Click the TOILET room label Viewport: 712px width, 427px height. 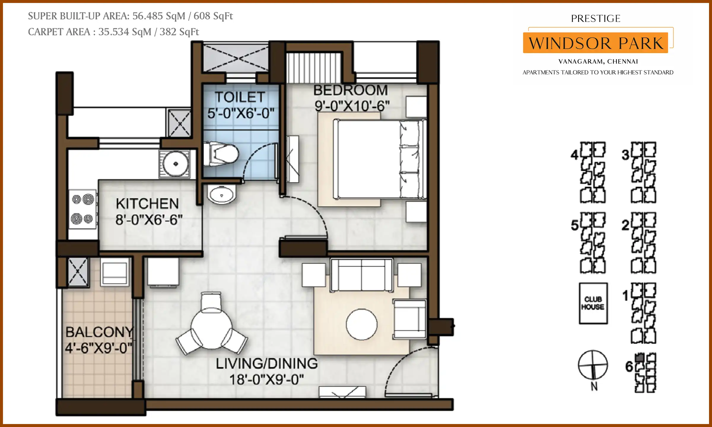point(240,97)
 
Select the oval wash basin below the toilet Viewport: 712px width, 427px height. point(222,195)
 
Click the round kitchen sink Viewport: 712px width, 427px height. point(175,164)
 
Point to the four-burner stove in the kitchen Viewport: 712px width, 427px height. point(82,209)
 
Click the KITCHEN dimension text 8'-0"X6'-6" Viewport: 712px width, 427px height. point(149,220)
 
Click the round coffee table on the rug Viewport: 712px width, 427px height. point(361,324)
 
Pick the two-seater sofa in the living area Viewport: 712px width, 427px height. point(361,275)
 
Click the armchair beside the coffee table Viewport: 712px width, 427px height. point(410,319)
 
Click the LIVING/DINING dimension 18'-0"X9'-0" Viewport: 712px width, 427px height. point(266,380)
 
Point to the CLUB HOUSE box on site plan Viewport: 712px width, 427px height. point(593,303)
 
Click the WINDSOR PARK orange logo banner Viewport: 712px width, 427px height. point(595,43)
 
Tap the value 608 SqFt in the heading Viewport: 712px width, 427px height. point(213,16)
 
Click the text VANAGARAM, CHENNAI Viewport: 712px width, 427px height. point(598,62)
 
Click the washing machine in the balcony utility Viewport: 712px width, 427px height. point(115,272)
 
